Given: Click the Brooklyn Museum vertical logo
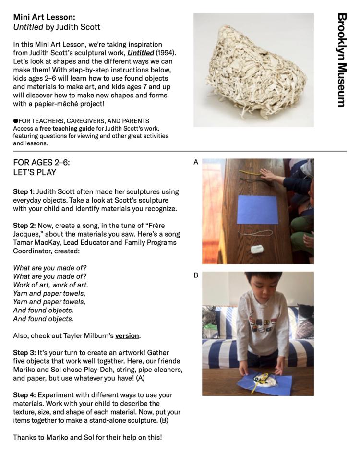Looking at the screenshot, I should [341, 60].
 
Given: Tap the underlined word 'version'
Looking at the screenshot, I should [127, 335].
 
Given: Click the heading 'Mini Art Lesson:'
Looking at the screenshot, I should [42, 17].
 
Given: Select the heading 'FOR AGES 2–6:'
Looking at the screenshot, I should [41, 162].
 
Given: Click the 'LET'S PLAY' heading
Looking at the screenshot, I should [35, 172].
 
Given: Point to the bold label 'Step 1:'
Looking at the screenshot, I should [24, 191].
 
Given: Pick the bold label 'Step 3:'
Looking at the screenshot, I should [24, 353].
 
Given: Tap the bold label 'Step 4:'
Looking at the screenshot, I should [24, 395].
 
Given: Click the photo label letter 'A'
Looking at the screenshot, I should [196, 163].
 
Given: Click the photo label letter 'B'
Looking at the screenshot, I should [196, 275].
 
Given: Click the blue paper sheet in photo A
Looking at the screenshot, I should [257, 209].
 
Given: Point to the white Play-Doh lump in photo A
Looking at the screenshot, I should [258, 249].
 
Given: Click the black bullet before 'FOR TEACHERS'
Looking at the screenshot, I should [15, 121].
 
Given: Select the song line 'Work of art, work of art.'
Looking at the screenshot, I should [50, 285].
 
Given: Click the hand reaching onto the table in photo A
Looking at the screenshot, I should [268, 175].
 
